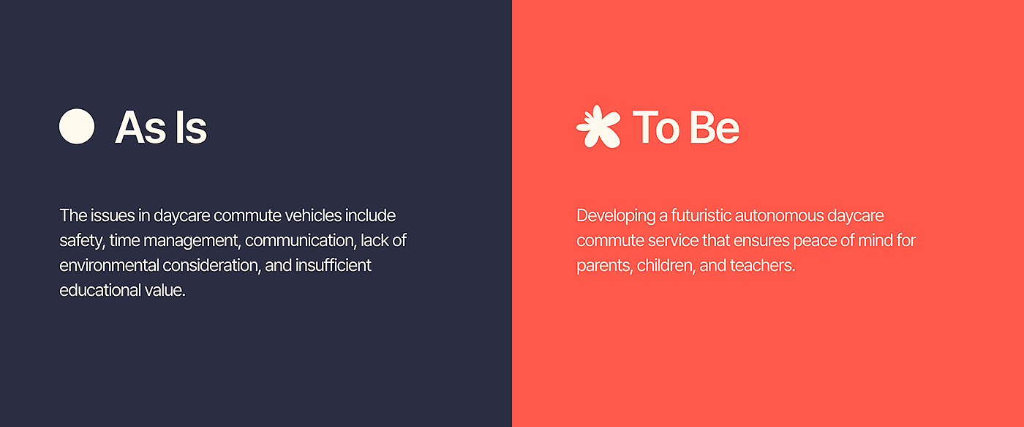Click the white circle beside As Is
pyautogui.click(x=77, y=126)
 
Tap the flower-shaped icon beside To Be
pyautogui.click(x=598, y=126)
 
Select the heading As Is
pyautogui.click(x=161, y=127)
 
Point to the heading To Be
pyautogui.click(x=686, y=127)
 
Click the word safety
pyautogui.click(x=82, y=241)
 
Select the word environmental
pyautogui.click(x=109, y=265)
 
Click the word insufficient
pyautogui.click(x=334, y=265)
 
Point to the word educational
pyautogui.click(x=100, y=290)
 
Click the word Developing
pyautogui.click(x=616, y=216)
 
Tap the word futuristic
pyautogui.click(x=701, y=215)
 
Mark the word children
pyautogui.click(x=666, y=265)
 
